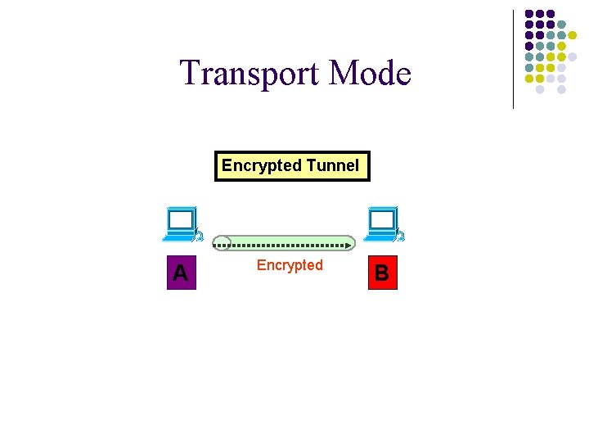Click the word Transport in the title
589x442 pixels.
tap(250, 74)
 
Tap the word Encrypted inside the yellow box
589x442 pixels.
tap(262, 165)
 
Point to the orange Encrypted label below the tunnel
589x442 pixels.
tap(290, 265)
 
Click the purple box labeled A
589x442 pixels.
tap(180, 273)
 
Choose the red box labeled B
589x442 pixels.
tap(381, 273)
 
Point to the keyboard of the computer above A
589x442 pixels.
tap(178, 237)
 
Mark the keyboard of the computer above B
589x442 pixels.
tap(379, 237)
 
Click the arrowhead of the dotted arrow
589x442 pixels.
tap(349, 244)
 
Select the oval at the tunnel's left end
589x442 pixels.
tap(222, 243)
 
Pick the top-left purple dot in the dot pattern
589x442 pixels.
tap(529, 14)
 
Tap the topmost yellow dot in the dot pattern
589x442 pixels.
tap(573, 35)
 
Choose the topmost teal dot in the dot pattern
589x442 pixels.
tap(561, 25)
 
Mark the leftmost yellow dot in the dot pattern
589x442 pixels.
tap(529, 79)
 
